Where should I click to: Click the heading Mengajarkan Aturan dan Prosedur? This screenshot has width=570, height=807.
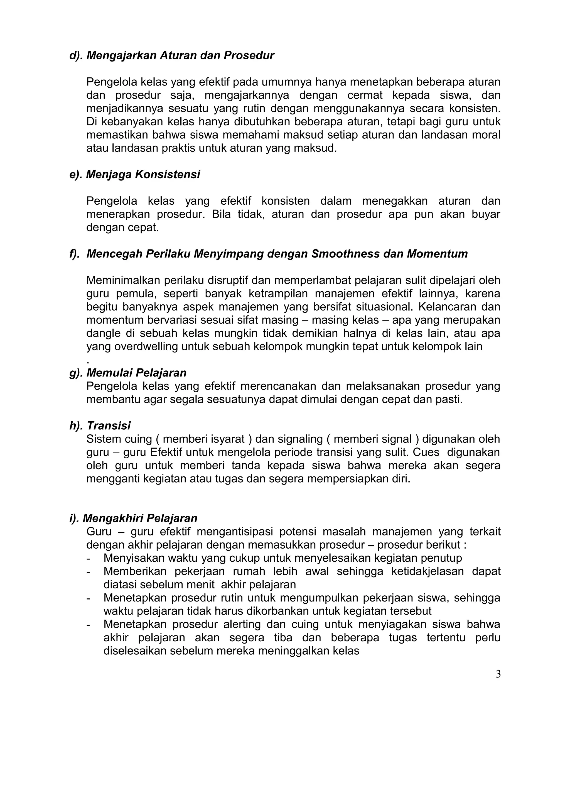coord(180,55)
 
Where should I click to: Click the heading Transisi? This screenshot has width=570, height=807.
coord(109,426)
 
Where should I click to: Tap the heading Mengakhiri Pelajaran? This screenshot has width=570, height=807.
coord(140,518)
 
